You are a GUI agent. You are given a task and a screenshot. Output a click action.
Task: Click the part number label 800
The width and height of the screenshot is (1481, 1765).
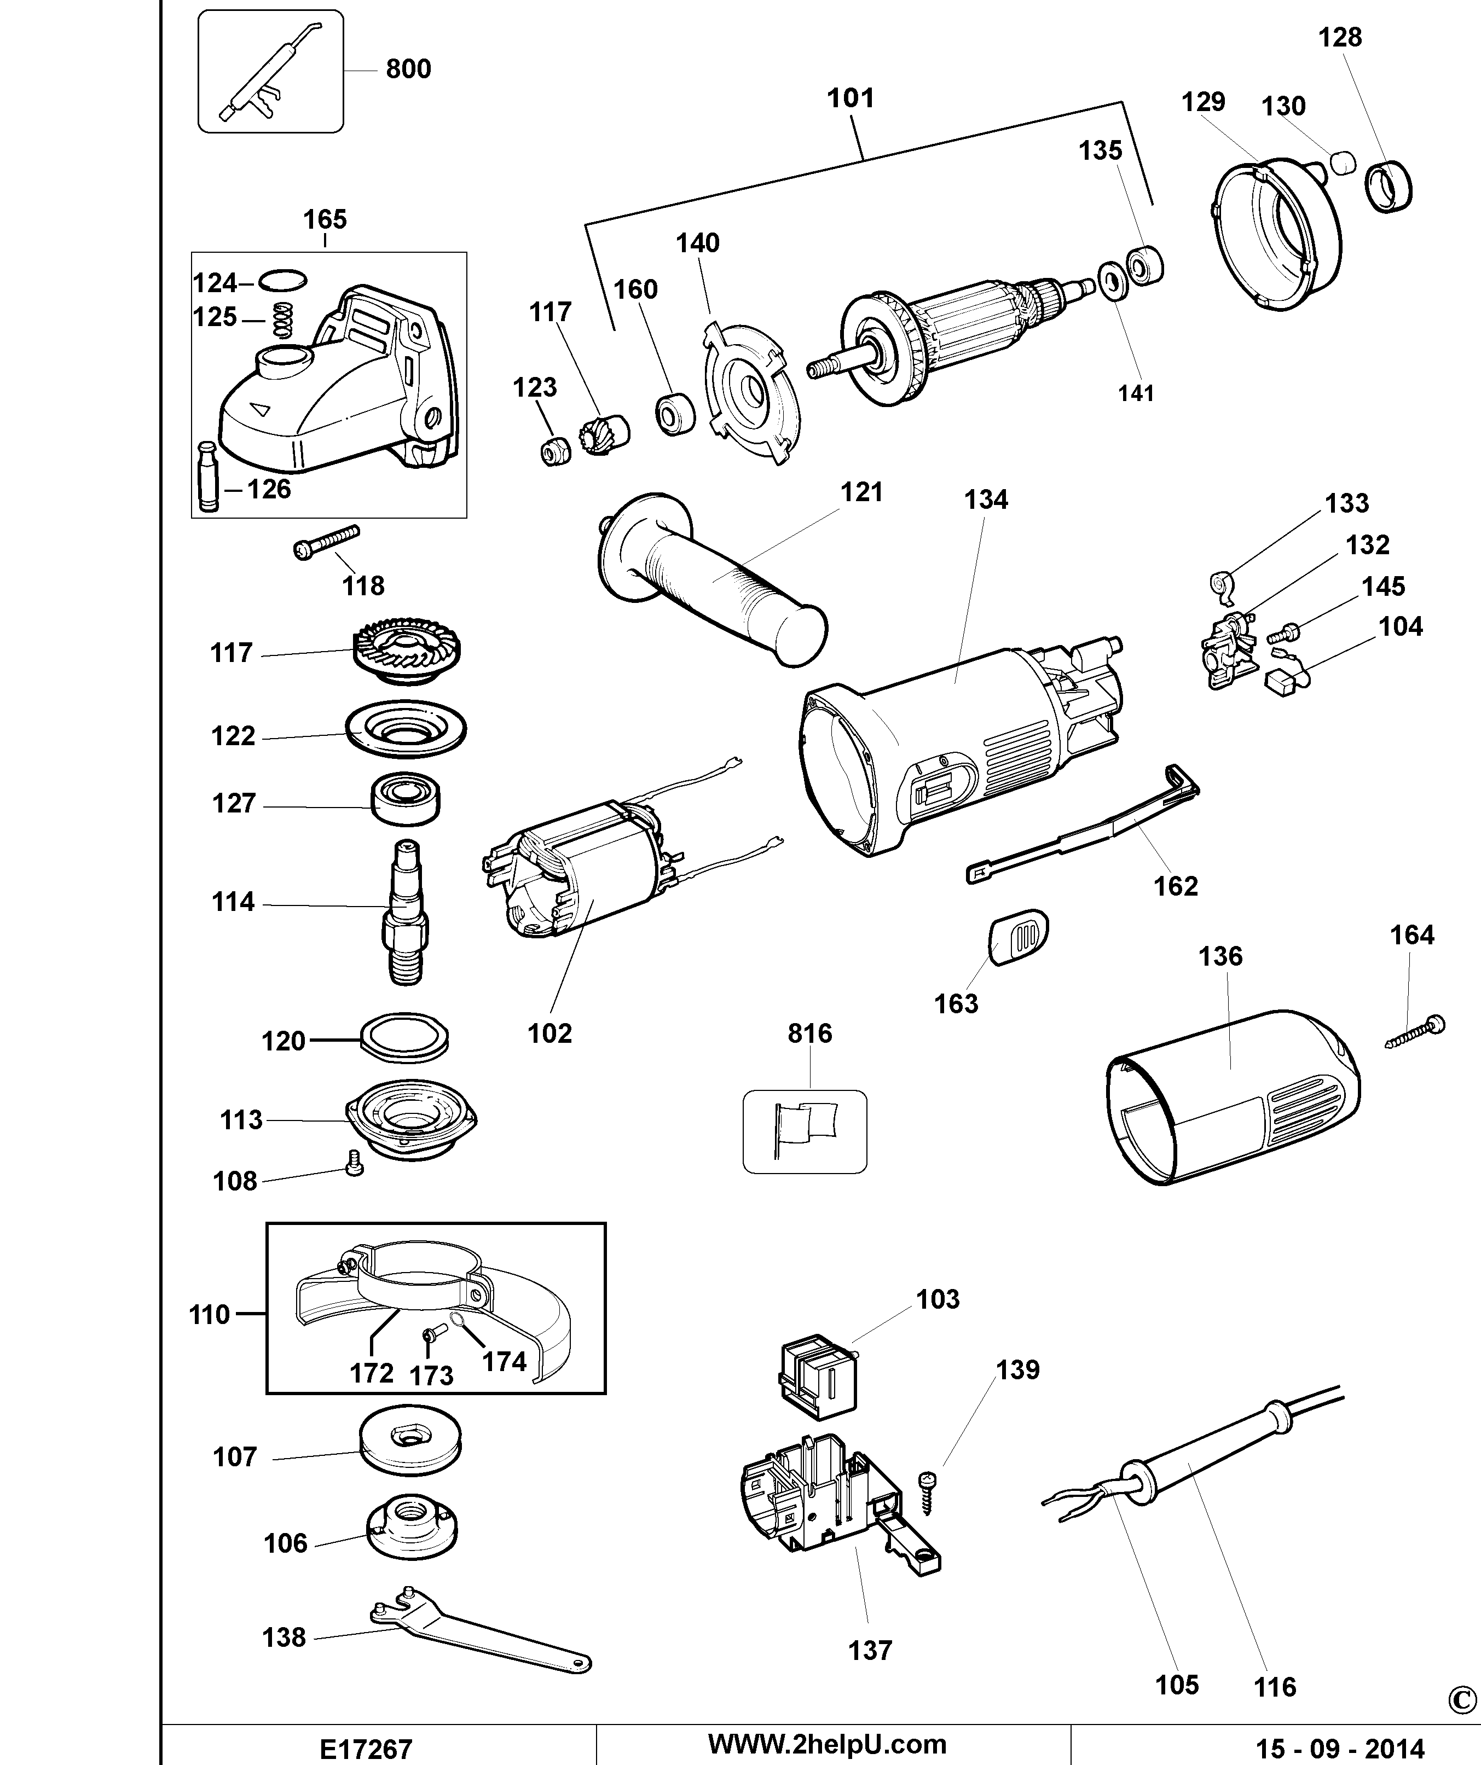point(408,69)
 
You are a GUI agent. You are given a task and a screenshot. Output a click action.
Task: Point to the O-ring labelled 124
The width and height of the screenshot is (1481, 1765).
point(282,280)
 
